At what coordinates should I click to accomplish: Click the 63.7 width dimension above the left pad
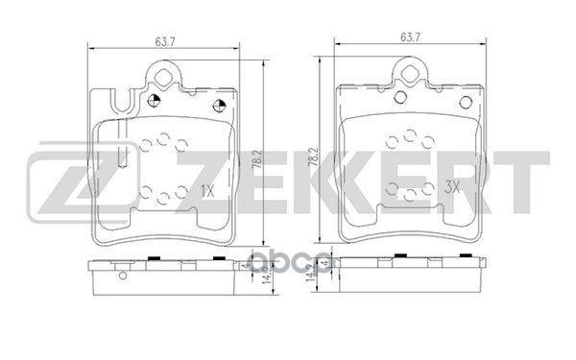click(169, 39)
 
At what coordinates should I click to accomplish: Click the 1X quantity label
click(209, 190)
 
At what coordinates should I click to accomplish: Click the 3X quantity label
click(452, 190)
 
